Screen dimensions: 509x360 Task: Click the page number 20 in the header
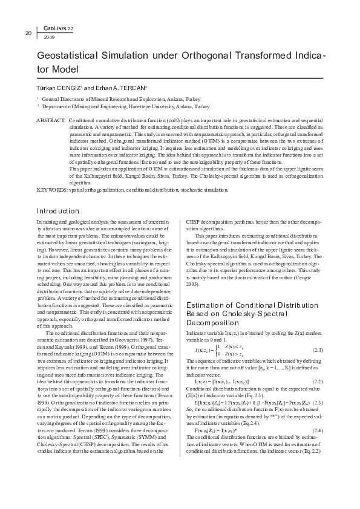pyautogui.click(x=28, y=32)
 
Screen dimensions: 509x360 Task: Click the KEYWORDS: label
pyautogui.click(x=52, y=189)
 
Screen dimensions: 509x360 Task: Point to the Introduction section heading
pyautogui.click(x=58, y=211)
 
